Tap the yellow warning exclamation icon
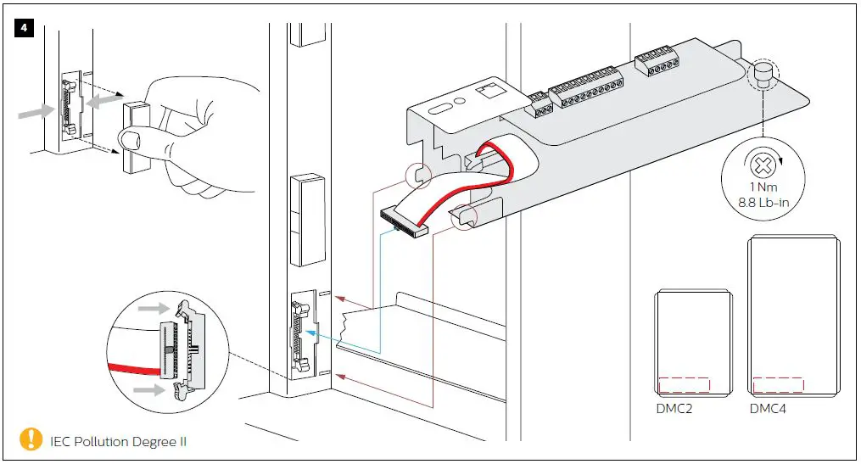(31, 439)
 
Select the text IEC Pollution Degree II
(118, 441)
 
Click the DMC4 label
(769, 408)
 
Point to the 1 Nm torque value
(760, 187)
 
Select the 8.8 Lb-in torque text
(760, 202)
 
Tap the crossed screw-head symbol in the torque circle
(760, 164)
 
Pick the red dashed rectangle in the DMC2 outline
(685, 384)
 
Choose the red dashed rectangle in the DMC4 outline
(777, 384)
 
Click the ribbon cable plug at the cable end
(404, 222)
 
